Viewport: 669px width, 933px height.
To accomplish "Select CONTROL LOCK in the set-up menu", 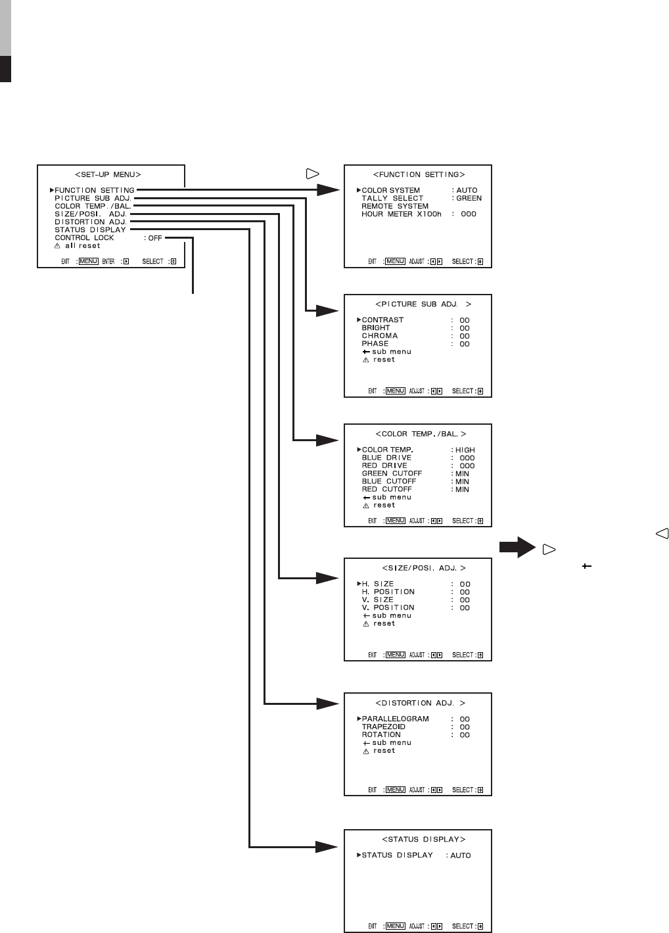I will pos(84,238).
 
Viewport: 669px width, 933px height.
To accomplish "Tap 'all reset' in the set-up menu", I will pos(82,246).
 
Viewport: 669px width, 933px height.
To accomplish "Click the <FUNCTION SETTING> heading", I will pos(419,175).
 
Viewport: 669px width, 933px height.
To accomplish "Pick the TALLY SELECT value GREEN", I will pos(469,199).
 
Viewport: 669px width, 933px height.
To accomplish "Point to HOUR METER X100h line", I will pos(401,214).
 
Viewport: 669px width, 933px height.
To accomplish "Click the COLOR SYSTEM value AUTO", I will pos(467,191).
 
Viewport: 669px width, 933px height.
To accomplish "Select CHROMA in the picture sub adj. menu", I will pos(379,336).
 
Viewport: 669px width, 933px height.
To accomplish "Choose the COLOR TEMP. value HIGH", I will pos(465,450).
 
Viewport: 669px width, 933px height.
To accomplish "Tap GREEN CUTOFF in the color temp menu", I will pos(392,473).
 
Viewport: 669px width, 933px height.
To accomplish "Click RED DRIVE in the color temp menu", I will pos(384,466).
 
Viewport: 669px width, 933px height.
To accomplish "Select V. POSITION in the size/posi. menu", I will pos(388,608).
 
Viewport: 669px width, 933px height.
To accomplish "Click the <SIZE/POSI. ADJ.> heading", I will pos(424,568).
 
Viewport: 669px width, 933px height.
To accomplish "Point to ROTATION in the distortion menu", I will pos(381,735).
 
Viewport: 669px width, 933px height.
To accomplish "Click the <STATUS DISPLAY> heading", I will pos(424,840).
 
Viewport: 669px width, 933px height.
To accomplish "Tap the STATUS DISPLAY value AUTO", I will pos(461,856).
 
